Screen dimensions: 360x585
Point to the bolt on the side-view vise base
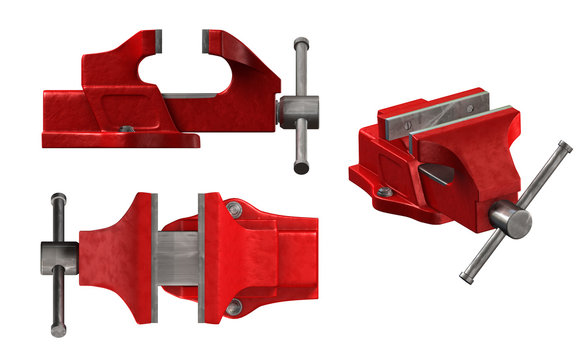pyautogui.click(x=125, y=128)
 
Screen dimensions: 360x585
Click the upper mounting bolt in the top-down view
pyautogui.click(x=234, y=209)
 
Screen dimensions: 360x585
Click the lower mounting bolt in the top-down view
pyautogui.click(x=234, y=308)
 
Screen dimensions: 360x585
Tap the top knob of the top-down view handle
pyautogui.click(x=58, y=199)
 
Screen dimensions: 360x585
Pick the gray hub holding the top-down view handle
pyautogui.click(x=57, y=256)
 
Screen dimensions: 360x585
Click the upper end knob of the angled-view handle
pyautogui.click(x=565, y=147)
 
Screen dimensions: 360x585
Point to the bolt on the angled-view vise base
pyautogui.click(x=385, y=190)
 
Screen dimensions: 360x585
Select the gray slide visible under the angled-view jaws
pyautogui.click(x=434, y=175)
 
